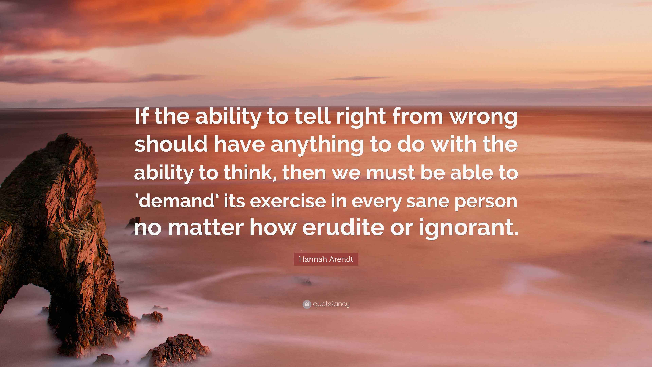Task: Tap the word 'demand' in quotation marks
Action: [x=176, y=201]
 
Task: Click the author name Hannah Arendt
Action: [x=326, y=259]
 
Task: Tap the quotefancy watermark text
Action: [x=331, y=304]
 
